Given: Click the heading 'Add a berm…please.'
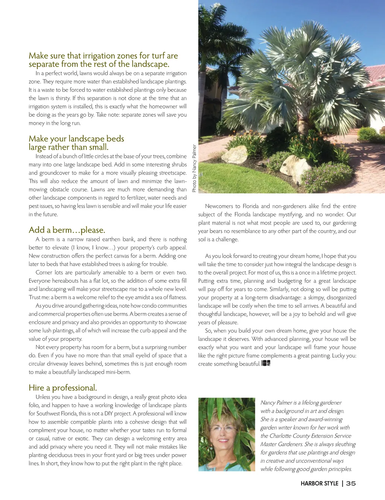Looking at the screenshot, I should [x=67, y=230].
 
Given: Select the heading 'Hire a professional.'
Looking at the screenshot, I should [x=63, y=388].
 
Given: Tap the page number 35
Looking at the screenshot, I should [x=351, y=483].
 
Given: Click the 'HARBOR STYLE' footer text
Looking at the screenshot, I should [x=319, y=483].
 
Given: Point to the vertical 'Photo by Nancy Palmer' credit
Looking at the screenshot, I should [x=194, y=168].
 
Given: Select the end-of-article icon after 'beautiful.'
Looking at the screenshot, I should [x=266, y=363].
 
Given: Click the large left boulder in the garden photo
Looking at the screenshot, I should [x=236, y=154].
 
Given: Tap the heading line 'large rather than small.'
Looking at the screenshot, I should [x=68, y=147].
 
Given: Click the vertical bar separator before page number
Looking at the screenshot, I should [x=343, y=483].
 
